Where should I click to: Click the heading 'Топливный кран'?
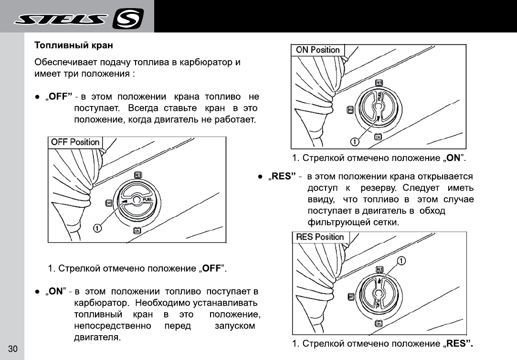pyautogui.click(x=74, y=46)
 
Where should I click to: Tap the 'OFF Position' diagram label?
pyautogui.click(x=75, y=142)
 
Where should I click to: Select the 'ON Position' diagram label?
pyautogui.click(x=317, y=50)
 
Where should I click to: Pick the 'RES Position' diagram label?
pyautogui.click(x=320, y=237)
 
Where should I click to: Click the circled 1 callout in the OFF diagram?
pyautogui.click(x=97, y=228)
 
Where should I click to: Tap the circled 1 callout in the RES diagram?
pyautogui.click(x=401, y=260)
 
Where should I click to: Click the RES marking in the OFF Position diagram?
pyautogui.click(x=138, y=175)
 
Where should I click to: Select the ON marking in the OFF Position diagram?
pyautogui.click(x=137, y=231)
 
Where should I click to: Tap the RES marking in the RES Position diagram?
pyautogui.click(x=380, y=270)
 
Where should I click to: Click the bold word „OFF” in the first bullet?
pyautogui.click(x=60, y=97)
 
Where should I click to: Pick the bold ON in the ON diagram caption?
pyautogui.click(x=452, y=158)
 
